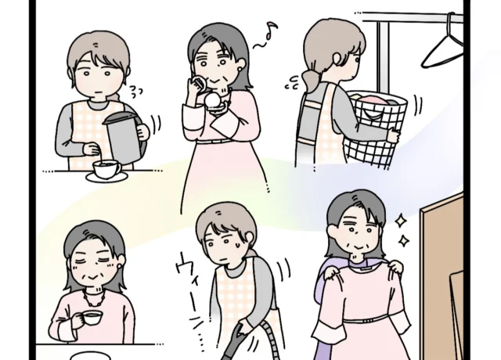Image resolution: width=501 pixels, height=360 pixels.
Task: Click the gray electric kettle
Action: pos(125,138)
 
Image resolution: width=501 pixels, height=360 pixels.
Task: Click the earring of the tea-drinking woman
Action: pos(120,266)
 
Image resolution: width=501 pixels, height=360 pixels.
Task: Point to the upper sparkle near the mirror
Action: pos(400,221)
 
